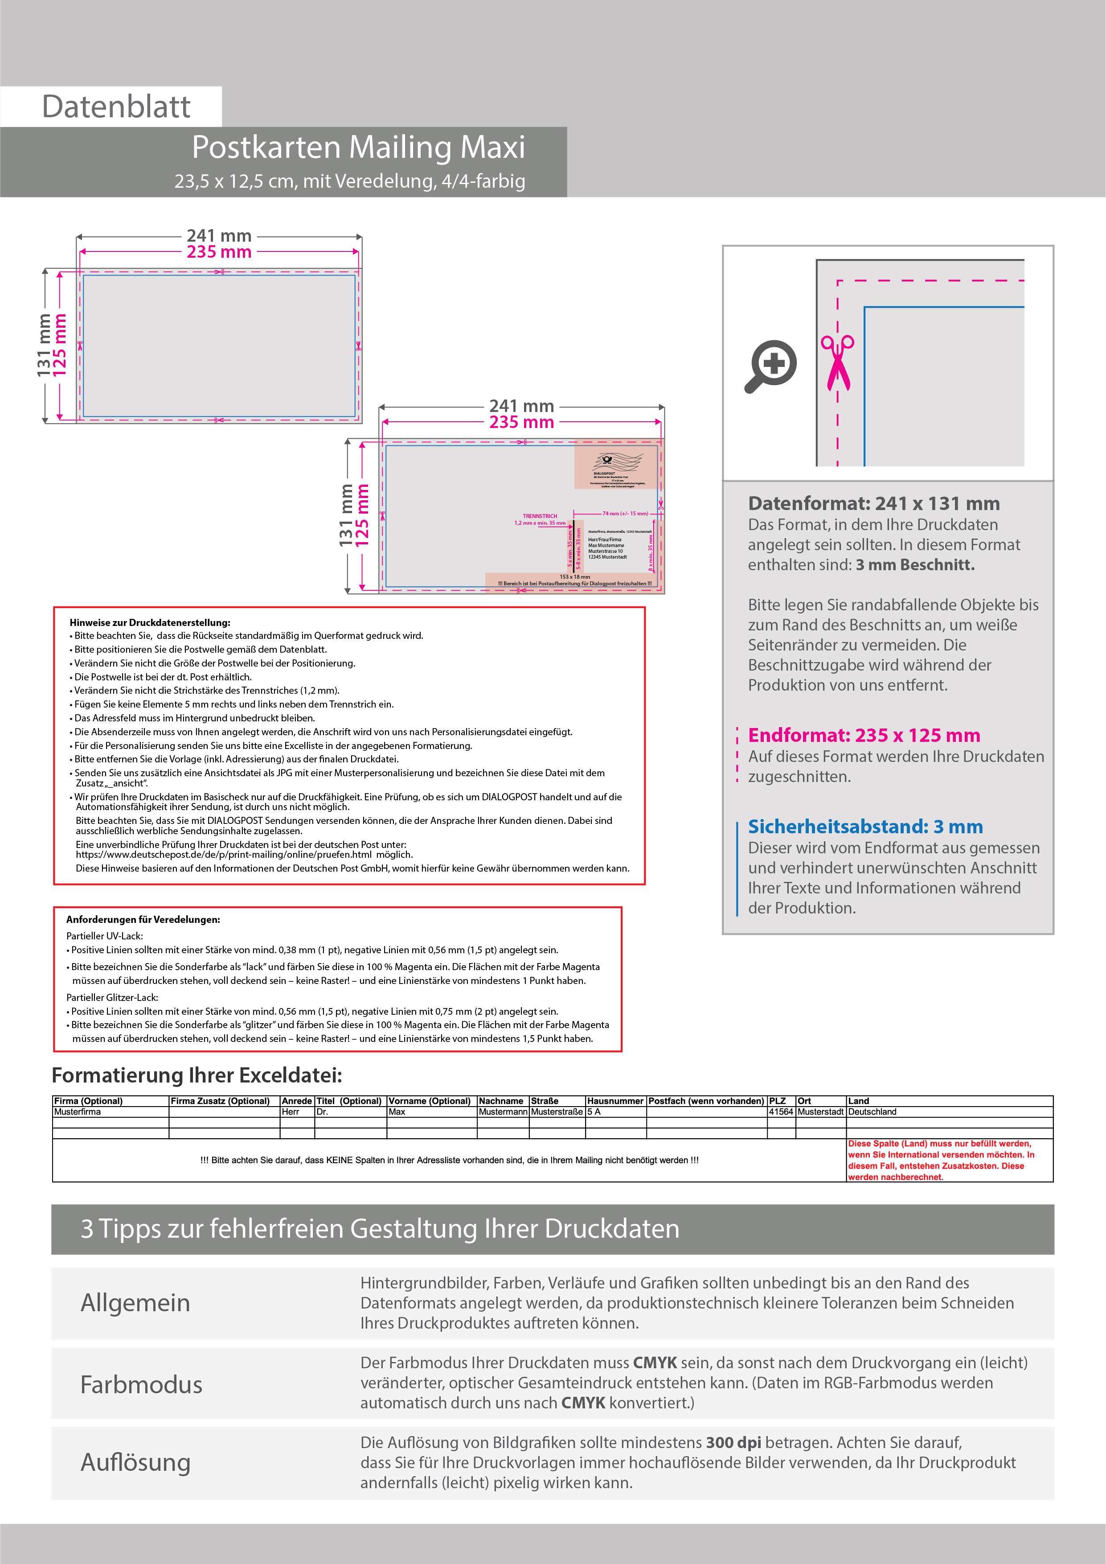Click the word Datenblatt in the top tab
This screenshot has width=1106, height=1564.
(x=116, y=107)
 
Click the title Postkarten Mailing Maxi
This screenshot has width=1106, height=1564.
(x=358, y=147)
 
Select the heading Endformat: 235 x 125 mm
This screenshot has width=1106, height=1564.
(x=864, y=735)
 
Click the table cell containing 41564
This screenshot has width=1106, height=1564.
(x=780, y=1111)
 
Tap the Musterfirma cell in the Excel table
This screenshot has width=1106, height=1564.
(x=78, y=1111)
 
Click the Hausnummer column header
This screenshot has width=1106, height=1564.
(x=615, y=1101)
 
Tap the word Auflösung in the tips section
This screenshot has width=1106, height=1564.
(x=135, y=1462)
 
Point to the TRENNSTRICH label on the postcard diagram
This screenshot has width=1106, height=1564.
(x=539, y=516)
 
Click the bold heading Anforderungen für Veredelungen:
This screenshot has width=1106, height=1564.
(x=143, y=920)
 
